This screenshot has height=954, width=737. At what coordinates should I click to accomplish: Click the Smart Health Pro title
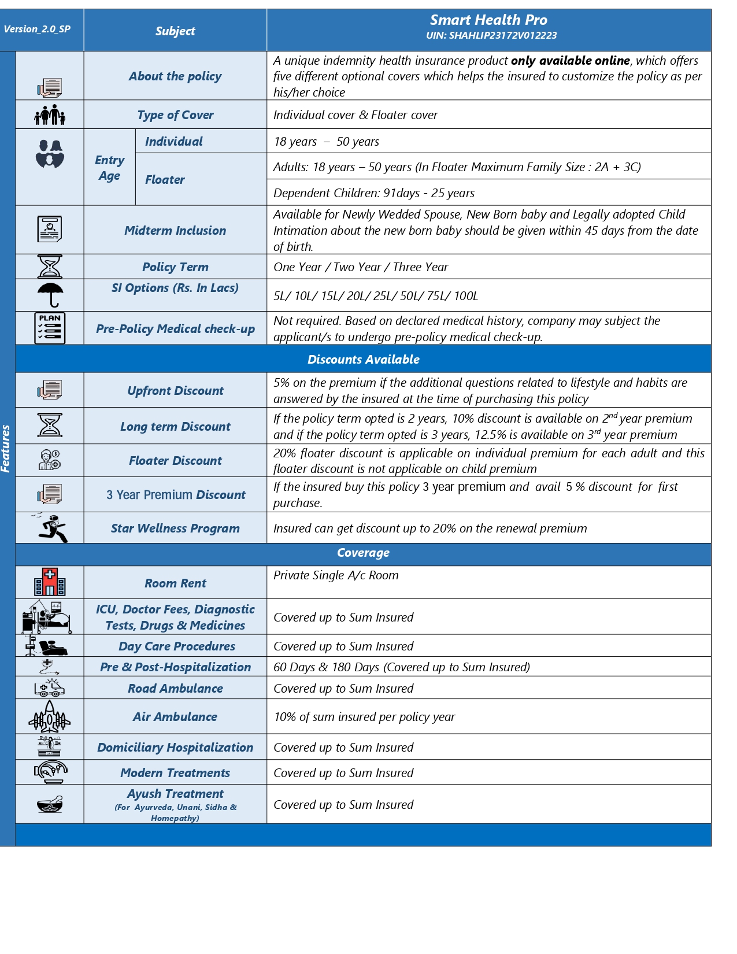pyautogui.click(x=488, y=20)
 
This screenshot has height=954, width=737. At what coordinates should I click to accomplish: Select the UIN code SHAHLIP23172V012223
pyautogui.click(x=491, y=36)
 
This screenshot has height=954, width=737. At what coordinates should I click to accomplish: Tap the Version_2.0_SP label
pyautogui.click(x=37, y=29)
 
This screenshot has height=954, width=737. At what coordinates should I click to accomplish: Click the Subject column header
pyautogui.click(x=175, y=31)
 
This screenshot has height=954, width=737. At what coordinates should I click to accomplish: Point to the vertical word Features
pyautogui.click(x=6, y=449)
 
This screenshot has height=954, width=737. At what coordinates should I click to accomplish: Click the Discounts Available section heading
pyautogui.click(x=363, y=360)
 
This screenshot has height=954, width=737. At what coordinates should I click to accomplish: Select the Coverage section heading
pyautogui.click(x=363, y=553)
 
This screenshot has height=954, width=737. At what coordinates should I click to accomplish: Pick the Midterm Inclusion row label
pyautogui.click(x=175, y=231)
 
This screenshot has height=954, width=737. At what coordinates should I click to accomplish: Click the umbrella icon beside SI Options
pyautogui.click(x=50, y=294)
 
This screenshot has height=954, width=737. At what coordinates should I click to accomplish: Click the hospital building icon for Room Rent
pyautogui.click(x=50, y=582)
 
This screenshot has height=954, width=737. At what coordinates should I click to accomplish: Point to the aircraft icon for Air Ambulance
pyautogui.click(x=50, y=717)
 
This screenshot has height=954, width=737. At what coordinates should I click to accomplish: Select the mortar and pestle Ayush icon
pyautogui.click(x=50, y=804)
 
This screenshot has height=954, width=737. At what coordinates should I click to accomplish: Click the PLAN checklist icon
pyautogui.click(x=50, y=328)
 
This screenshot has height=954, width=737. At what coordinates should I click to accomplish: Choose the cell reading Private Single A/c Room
pyautogui.click(x=336, y=576)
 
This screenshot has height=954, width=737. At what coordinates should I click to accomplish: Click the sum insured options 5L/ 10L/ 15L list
pyautogui.click(x=376, y=297)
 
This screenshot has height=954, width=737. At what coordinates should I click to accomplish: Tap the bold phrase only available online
pyautogui.click(x=570, y=61)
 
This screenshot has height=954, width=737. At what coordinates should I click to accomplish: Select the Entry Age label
pyautogui.click(x=109, y=168)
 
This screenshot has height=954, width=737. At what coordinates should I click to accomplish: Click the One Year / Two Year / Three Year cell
pyautogui.click(x=361, y=267)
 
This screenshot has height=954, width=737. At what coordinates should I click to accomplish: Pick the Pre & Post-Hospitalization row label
pyautogui.click(x=175, y=667)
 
